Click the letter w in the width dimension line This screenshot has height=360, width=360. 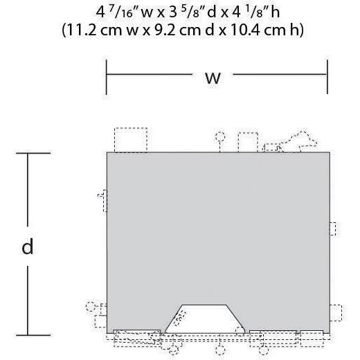tap(213, 78)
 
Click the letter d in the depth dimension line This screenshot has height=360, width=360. tap(27, 246)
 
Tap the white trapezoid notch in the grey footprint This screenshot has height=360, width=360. tap(205, 319)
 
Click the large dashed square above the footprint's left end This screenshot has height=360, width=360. tap(131, 140)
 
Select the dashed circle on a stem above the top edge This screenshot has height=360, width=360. tap(220, 136)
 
